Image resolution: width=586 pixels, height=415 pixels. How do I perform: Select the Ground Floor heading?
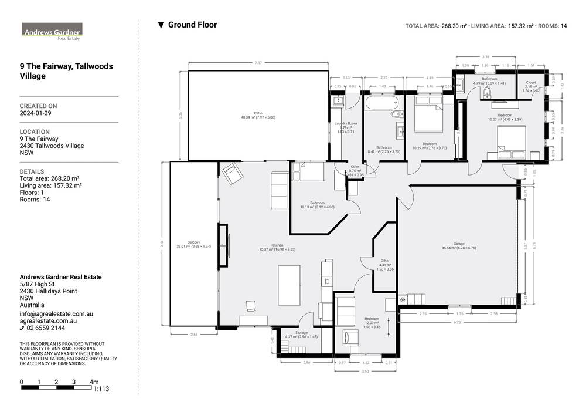(192, 25)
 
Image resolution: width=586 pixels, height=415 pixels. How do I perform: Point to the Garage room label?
(458, 244)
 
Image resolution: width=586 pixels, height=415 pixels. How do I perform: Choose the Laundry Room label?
(346, 124)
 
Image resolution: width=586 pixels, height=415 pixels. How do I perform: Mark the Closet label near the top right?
(531, 83)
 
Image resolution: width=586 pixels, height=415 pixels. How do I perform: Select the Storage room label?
(301, 333)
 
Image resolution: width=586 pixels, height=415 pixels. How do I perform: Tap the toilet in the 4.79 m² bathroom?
(487, 93)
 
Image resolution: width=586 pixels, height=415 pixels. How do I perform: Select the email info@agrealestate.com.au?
(56, 315)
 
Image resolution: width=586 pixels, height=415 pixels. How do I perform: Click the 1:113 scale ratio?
(101, 389)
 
